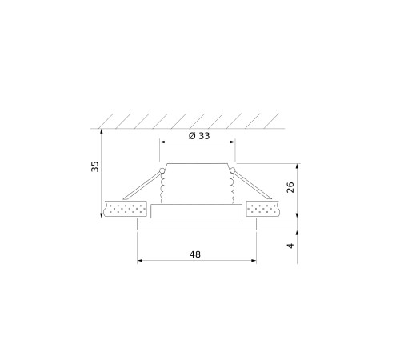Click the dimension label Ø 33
coord(199,136)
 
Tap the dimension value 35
coord(95,166)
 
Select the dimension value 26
coord(290,187)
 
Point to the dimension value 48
coord(195,254)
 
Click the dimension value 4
coord(290,246)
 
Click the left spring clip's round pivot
coord(162,170)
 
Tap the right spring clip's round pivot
coord(233,170)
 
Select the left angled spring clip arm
coord(142,186)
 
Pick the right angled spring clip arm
coord(253,186)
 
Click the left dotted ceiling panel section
coord(125,209)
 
